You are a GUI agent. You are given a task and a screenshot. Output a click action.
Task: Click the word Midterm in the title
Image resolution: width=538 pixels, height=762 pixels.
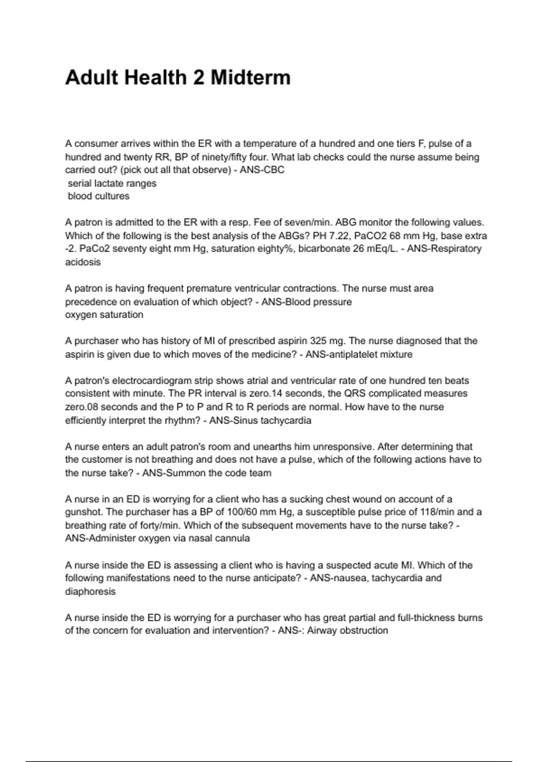click(x=251, y=78)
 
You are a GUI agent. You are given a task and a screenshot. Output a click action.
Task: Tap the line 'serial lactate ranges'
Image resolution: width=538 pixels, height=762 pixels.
click(x=112, y=183)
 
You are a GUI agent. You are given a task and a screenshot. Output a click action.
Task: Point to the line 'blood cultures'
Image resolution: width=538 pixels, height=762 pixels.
click(x=99, y=196)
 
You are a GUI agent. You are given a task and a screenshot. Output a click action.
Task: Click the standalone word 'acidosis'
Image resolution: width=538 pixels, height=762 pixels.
click(x=83, y=262)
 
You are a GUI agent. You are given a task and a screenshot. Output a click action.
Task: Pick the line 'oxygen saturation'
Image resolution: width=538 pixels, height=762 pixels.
click(x=104, y=315)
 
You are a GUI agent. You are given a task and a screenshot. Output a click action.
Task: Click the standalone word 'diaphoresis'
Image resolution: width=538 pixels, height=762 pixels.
click(x=90, y=592)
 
